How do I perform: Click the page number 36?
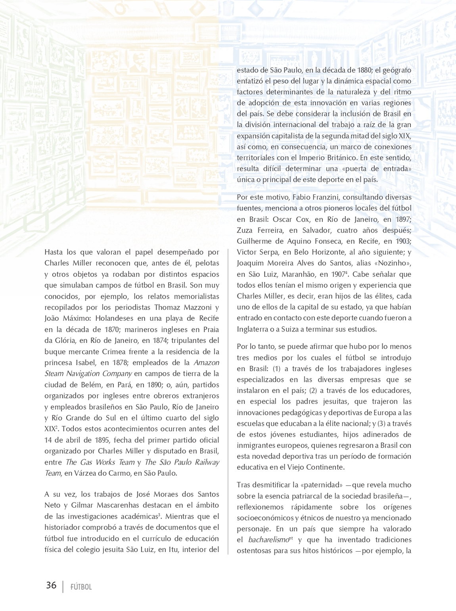[51, 585]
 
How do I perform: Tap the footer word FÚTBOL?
[81, 587]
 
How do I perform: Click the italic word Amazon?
[206, 362]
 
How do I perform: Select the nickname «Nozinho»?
[395, 263]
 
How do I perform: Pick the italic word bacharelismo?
[268, 540]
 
